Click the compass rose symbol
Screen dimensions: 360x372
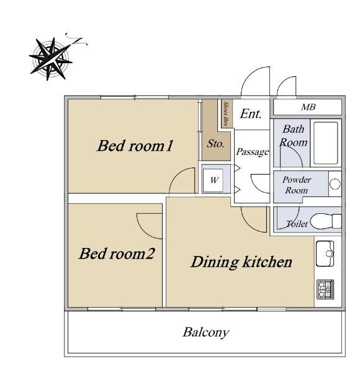51,59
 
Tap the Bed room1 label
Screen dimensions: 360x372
135,146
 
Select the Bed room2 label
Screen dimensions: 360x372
117,254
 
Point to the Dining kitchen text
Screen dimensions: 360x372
241,262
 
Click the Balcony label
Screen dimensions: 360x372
206,332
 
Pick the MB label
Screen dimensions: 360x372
308,107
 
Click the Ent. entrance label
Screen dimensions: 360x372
251,114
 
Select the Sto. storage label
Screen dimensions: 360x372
215,144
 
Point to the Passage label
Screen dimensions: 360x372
253,152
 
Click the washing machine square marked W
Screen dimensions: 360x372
214,180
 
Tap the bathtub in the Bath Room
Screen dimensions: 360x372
326,143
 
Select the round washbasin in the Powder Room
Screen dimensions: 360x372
335,184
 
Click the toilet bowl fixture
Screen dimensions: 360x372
326,221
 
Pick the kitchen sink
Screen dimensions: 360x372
325,254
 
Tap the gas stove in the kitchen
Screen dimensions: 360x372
325,289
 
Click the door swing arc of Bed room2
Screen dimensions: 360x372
143,229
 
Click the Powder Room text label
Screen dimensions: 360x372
297,185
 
